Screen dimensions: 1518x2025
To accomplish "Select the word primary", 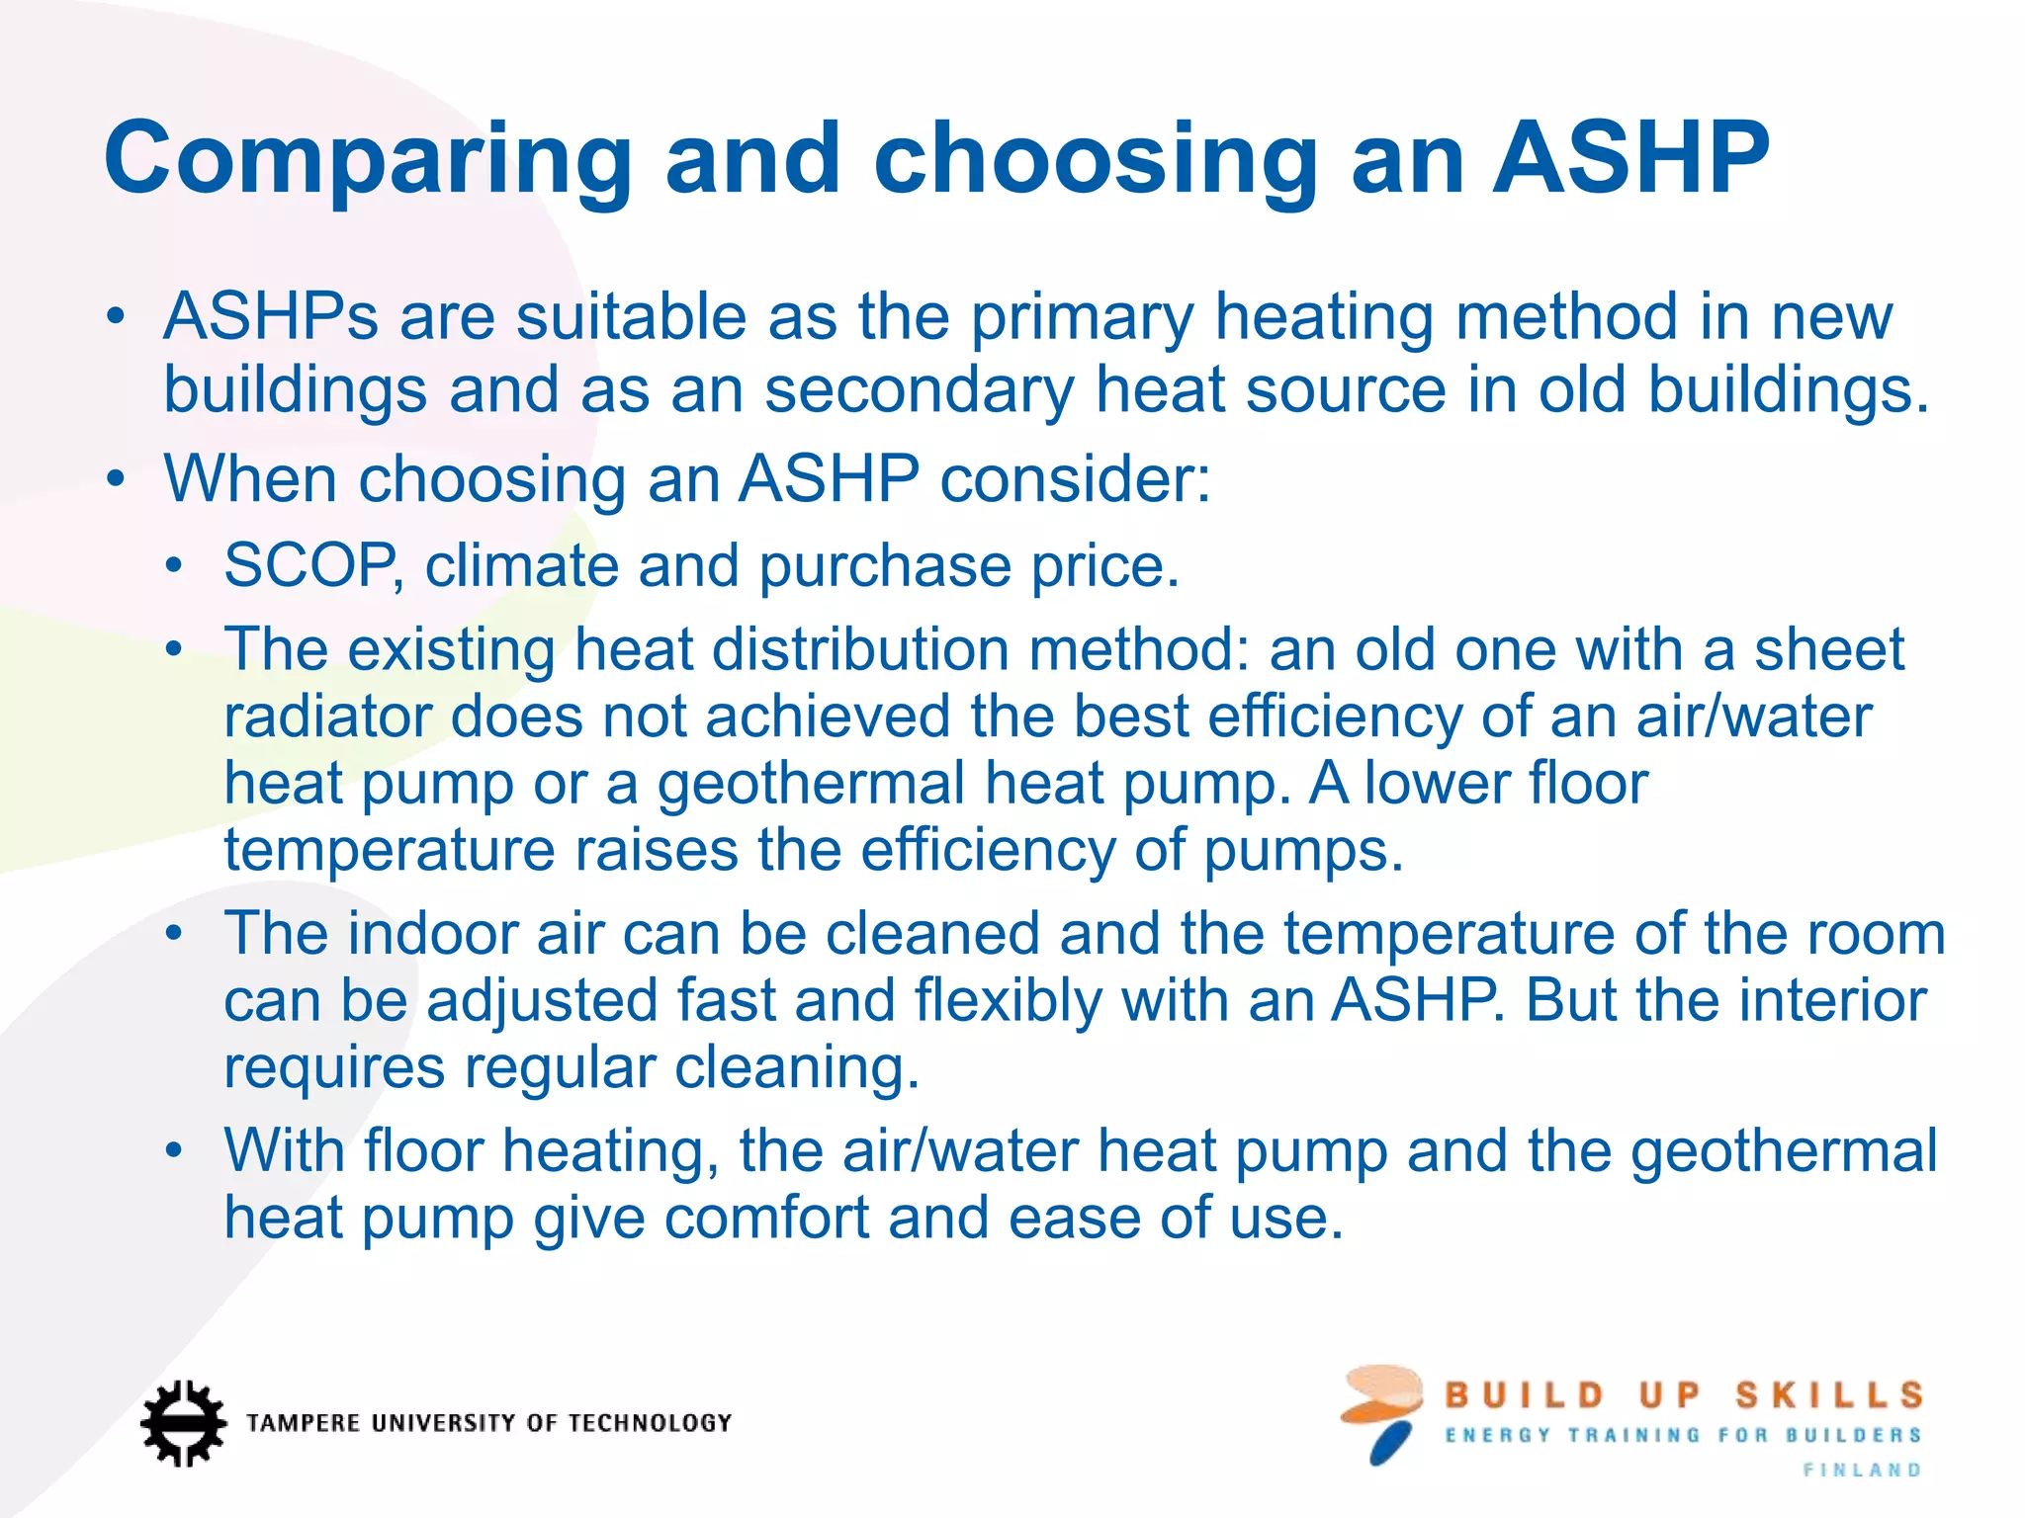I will click(x=1082, y=319).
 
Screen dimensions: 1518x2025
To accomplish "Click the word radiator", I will click(x=327, y=717).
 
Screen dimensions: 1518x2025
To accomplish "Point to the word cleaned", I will click(x=932, y=934).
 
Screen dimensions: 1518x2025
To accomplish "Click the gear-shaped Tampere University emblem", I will click(x=183, y=1422).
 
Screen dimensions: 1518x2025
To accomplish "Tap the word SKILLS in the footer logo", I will click(x=1828, y=1395).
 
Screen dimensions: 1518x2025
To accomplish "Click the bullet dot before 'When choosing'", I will click(x=117, y=480).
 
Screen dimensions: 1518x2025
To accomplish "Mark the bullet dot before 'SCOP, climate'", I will click(x=175, y=566).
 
